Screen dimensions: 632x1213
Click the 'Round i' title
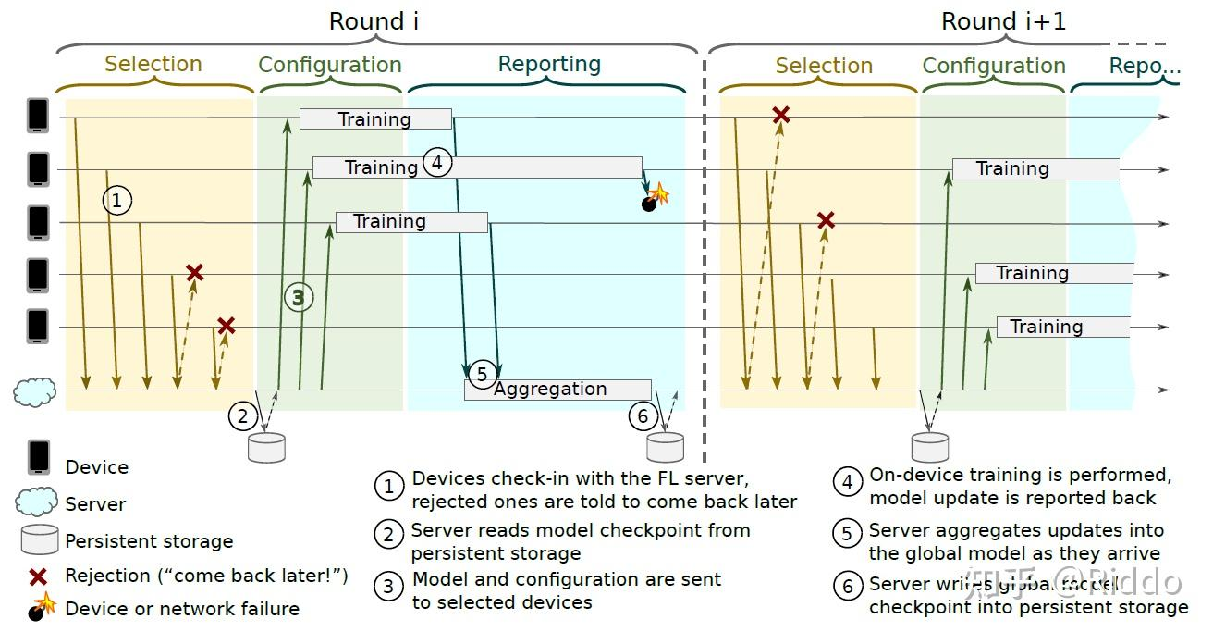click(x=374, y=21)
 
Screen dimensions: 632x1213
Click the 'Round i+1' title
click(x=1003, y=21)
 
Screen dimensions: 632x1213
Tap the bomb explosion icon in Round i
click(x=655, y=198)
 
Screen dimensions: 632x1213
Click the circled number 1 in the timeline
click(x=116, y=200)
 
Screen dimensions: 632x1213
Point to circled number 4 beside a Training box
click(x=436, y=163)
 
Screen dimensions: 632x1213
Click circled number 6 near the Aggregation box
click(x=643, y=416)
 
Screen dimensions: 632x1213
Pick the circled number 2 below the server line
click(x=242, y=416)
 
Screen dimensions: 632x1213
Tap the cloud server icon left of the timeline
click(x=35, y=392)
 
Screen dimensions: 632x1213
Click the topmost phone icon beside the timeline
click(x=38, y=116)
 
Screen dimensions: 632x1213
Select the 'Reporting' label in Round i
click(x=549, y=64)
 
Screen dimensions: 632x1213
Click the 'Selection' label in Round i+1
click(x=824, y=66)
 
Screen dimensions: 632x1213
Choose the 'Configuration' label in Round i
click(x=330, y=65)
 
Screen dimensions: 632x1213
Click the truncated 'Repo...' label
click(x=1145, y=66)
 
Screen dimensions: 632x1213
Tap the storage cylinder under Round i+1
click(x=930, y=447)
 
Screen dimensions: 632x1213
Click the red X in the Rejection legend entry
click(x=38, y=576)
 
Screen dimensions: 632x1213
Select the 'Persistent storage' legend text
click(x=149, y=541)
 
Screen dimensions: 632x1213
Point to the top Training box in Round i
click(x=375, y=118)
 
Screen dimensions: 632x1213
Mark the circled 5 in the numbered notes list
click(x=847, y=534)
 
